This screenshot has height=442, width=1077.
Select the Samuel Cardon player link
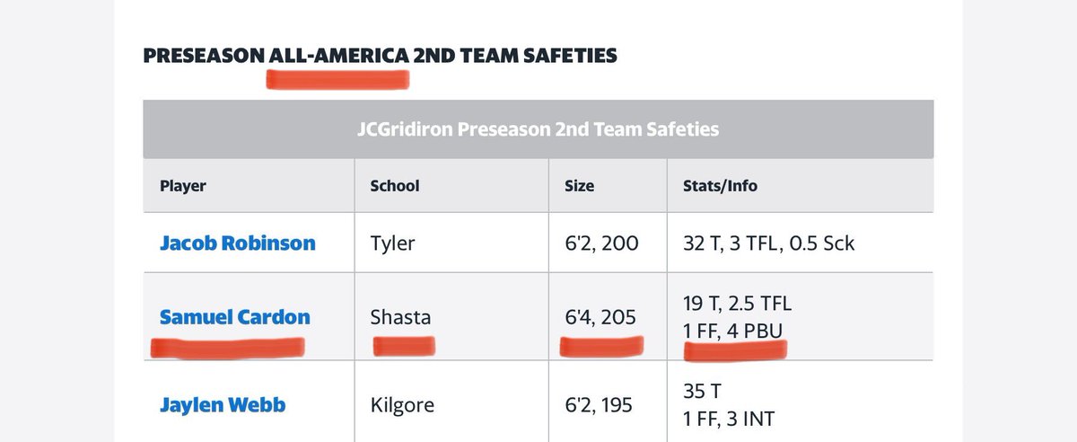(x=234, y=316)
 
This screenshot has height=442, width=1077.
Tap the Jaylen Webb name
(x=223, y=404)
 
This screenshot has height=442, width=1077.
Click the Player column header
(x=183, y=186)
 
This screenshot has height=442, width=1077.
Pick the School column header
(x=394, y=186)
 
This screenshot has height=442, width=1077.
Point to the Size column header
(x=579, y=186)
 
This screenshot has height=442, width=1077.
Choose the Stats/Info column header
(x=720, y=186)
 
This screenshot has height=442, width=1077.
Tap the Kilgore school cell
(x=402, y=404)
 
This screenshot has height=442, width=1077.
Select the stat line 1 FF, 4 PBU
(x=732, y=331)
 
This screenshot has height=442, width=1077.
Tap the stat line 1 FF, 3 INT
(x=728, y=419)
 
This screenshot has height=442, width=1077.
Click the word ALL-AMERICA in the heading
(x=337, y=56)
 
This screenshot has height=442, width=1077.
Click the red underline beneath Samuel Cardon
(x=226, y=347)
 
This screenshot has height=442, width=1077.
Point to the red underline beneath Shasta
(x=403, y=345)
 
